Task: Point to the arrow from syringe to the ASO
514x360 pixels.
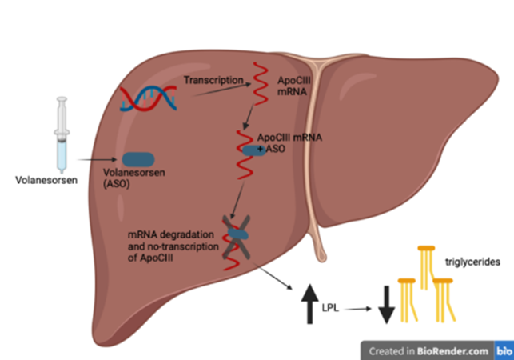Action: click(x=96, y=160)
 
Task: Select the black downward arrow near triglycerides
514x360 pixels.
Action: click(x=386, y=305)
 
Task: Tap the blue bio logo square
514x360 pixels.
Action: click(x=504, y=350)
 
